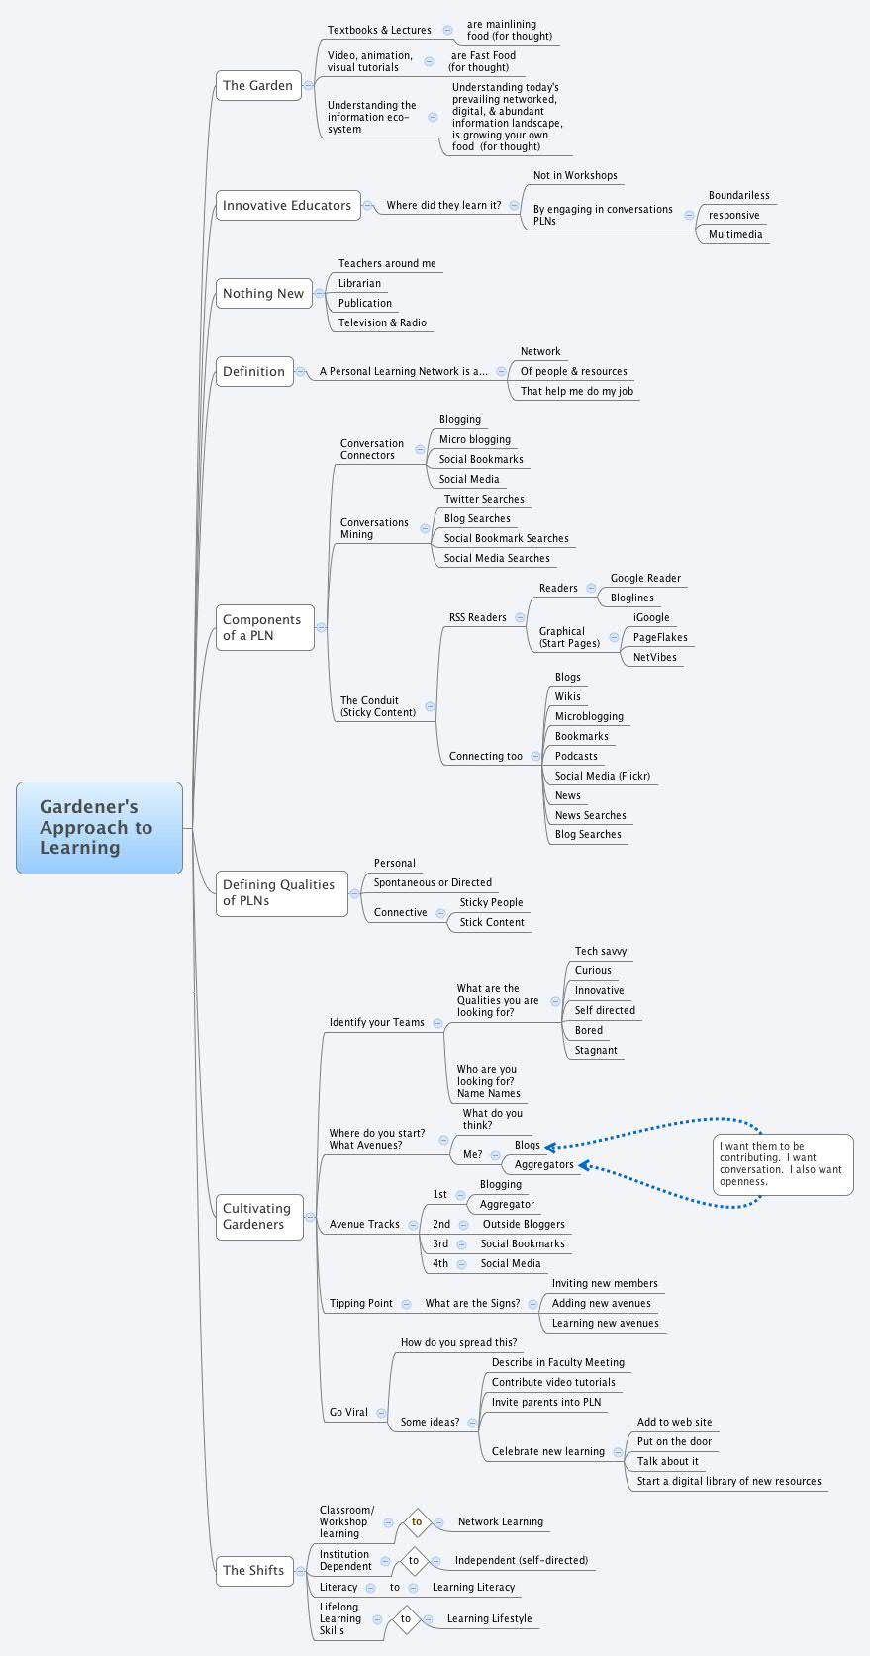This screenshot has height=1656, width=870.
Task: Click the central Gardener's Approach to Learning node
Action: (99, 827)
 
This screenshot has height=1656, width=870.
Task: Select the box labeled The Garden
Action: (257, 86)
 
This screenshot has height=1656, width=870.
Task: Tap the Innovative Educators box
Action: (287, 206)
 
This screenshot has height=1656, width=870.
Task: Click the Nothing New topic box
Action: (262, 294)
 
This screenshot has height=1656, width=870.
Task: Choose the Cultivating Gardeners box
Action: (258, 1216)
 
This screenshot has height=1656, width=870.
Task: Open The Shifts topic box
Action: (253, 1570)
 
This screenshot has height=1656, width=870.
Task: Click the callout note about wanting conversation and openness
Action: (782, 1163)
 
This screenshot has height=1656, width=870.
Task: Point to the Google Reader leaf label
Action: (645, 578)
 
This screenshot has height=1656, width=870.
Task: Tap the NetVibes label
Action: (655, 657)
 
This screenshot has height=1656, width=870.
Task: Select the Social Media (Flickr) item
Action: (602, 776)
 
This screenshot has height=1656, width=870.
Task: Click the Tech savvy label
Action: (600, 951)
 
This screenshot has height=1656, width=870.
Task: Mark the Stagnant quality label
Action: (596, 1050)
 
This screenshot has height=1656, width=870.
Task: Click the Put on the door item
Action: (674, 1441)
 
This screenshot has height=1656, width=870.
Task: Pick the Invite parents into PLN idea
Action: (545, 1402)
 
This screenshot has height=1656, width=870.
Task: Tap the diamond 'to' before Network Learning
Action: (417, 1521)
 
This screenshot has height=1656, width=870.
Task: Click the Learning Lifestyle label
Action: (489, 1618)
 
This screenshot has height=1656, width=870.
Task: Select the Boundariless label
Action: (738, 195)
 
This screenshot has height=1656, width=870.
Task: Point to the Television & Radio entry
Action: (382, 322)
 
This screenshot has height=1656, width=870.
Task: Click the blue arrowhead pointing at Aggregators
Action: (585, 1165)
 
